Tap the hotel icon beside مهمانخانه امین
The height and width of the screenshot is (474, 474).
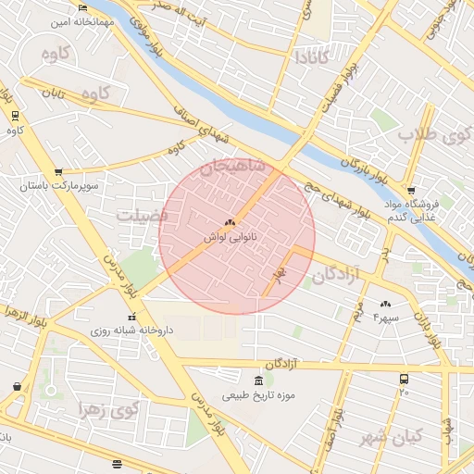coord(82,9)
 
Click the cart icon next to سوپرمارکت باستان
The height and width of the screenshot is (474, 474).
coord(58,171)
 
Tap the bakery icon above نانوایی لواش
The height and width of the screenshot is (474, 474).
coord(230,222)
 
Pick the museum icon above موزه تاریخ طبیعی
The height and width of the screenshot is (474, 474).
coord(257,380)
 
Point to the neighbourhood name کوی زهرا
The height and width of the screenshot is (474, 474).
coord(109,409)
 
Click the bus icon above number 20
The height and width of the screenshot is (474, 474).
coord(404,379)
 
